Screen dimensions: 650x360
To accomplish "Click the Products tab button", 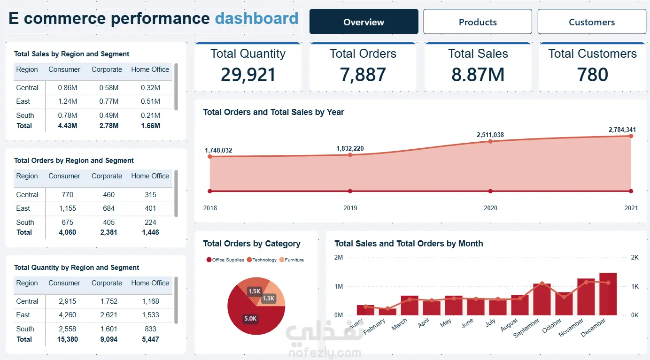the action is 477,22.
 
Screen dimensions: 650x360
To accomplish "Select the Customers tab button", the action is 592,22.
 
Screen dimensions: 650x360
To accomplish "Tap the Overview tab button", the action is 364,22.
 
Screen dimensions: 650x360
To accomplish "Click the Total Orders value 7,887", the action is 363,75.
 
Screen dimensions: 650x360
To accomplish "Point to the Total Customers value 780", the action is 592,75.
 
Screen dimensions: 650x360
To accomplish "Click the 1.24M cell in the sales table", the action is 67,101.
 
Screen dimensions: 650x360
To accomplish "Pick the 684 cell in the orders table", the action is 109,208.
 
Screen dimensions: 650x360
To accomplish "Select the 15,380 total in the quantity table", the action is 67,339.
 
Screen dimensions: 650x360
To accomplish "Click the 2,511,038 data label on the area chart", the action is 490,135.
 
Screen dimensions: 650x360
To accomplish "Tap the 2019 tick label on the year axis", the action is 350,208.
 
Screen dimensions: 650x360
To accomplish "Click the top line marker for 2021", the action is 631,136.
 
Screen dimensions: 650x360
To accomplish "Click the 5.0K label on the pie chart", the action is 250,319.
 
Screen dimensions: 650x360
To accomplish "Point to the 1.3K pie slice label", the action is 269,298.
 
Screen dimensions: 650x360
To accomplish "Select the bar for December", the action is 608,294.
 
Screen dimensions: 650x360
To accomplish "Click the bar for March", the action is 410,306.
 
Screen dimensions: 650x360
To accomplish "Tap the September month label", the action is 526,328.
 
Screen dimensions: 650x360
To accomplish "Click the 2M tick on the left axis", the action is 338,257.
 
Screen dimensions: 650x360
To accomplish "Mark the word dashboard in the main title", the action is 256,18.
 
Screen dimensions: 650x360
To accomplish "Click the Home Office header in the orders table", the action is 150,176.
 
